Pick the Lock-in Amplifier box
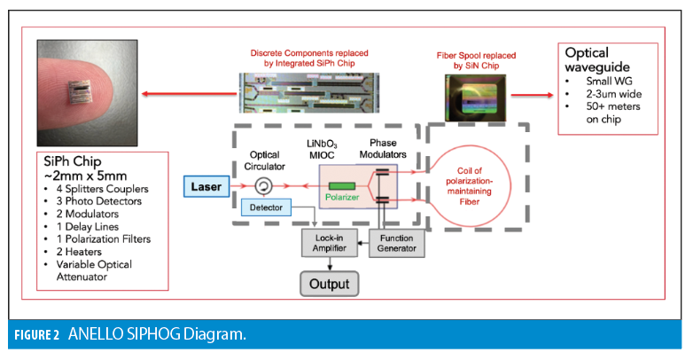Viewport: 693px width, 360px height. [x=327, y=242]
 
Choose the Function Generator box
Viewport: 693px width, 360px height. [x=390, y=242]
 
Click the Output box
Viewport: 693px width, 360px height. [x=328, y=285]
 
